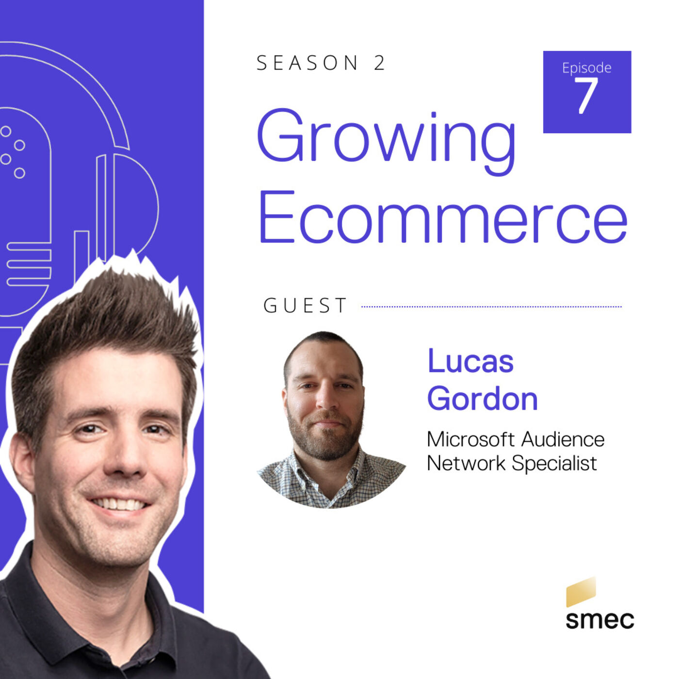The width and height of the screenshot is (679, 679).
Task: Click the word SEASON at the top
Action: click(x=307, y=63)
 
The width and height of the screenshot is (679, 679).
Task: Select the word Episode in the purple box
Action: click(x=586, y=67)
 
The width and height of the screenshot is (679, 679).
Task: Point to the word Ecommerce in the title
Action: click(x=443, y=217)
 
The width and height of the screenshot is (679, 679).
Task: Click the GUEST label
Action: click(x=305, y=306)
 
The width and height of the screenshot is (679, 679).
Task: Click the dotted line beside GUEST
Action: click(x=491, y=307)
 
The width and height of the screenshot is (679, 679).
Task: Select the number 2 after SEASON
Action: click(x=379, y=63)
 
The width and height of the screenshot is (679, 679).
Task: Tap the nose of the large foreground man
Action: click(x=123, y=462)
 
